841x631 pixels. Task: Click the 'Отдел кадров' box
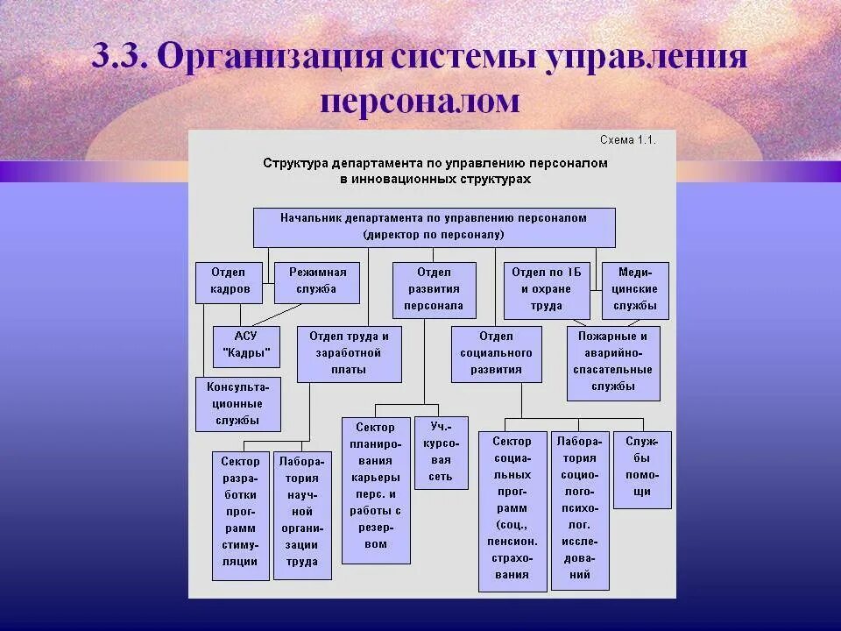click(x=230, y=281)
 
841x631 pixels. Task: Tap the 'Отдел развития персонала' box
click(x=434, y=289)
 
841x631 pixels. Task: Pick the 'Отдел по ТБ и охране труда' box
click(x=547, y=290)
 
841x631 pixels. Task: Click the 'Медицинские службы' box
click(x=635, y=290)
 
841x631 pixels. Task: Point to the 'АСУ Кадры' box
click(x=246, y=346)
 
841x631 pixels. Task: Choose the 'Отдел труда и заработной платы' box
click(x=349, y=354)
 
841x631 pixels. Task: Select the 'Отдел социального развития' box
click(x=497, y=354)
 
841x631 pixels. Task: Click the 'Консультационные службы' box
click(x=238, y=403)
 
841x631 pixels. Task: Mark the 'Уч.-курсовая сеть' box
click(x=441, y=452)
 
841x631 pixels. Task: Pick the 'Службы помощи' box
click(x=642, y=469)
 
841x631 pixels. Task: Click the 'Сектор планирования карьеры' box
click(x=376, y=489)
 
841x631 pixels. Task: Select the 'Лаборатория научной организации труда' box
click(x=302, y=514)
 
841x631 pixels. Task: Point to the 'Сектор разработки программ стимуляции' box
click(x=240, y=514)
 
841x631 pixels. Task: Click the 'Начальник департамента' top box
click(x=434, y=227)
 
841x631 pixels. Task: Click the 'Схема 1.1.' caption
click(x=627, y=140)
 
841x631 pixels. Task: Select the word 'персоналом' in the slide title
click(x=420, y=102)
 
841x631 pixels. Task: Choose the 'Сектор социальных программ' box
click(x=512, y=511)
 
